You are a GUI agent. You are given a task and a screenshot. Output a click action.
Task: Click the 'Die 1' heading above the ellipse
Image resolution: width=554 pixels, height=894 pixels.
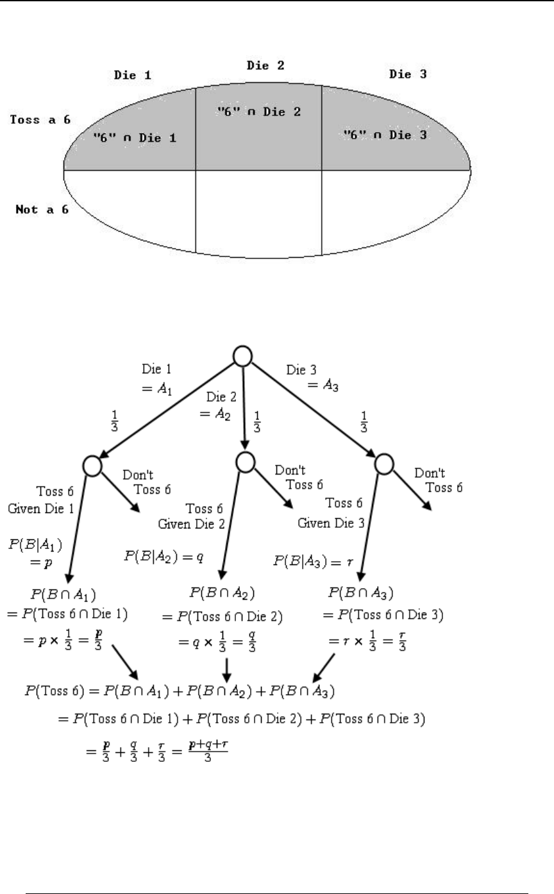point(133,76)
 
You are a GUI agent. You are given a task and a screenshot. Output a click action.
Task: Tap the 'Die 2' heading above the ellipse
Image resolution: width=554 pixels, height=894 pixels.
point(265,65)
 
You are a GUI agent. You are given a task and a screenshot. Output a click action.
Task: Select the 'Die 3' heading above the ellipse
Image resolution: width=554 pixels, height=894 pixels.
point(408,74)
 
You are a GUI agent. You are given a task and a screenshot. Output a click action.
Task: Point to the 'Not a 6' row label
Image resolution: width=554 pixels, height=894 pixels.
point(42,209)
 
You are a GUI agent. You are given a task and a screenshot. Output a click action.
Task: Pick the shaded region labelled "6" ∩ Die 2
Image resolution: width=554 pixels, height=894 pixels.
point(258,112)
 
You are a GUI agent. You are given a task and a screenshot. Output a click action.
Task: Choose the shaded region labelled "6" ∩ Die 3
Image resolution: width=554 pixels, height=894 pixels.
point(385,135)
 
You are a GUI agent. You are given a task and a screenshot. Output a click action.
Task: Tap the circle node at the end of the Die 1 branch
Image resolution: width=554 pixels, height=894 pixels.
point(92,466)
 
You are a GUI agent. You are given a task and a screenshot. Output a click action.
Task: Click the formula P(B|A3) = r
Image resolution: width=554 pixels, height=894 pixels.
point(313,562)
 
